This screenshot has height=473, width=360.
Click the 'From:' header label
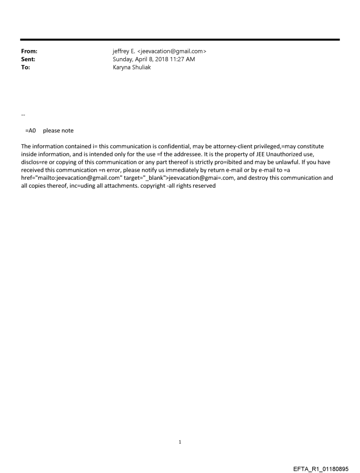(29, 52)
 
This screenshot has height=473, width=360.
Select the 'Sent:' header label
(28, 60)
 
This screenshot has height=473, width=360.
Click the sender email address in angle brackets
(172, 52)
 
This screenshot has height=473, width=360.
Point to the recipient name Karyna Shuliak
(132, 67)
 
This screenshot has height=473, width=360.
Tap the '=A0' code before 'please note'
(30, 130)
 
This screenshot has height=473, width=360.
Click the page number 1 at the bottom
(180, 442)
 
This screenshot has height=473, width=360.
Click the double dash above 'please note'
(23, 115)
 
